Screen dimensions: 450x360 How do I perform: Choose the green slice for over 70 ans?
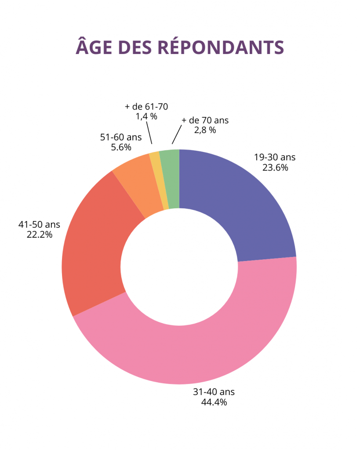171,178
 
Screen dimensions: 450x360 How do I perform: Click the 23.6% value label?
275,167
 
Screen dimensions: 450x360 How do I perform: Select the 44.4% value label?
214,402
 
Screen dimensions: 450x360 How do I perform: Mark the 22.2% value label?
39,235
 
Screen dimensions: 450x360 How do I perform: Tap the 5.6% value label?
120,147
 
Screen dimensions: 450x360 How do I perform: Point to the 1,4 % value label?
146,116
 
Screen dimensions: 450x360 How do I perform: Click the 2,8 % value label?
205,130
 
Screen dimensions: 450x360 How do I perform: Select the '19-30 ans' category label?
275,157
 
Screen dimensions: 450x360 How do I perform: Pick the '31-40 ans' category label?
214,392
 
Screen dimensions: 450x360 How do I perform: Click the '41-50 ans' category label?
39,225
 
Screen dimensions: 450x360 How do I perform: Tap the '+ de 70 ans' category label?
205,120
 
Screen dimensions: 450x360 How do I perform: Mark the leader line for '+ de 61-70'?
149,133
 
